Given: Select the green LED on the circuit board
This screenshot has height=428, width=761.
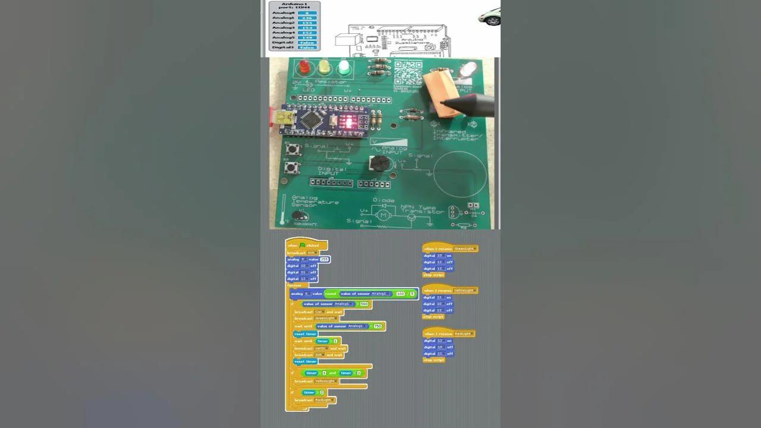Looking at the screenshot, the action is pyautogui.click(x=344, y=67).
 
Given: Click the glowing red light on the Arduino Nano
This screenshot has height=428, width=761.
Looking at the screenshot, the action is pyautogui.click(x=349, y=123).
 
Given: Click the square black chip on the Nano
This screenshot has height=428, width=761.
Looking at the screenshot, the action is pyautogui.click(x=310, y=119).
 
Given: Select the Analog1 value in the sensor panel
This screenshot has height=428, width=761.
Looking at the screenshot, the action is pyautogui.click(x=307, y=18).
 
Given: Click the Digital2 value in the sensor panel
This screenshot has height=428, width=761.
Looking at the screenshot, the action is pyautogui.click(x=307, y=42).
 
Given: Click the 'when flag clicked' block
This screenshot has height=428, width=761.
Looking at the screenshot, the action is pyautogui.click(x=306, y=245).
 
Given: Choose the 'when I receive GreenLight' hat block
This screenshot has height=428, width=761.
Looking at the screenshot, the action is pyautogui.click(x=450, y=248).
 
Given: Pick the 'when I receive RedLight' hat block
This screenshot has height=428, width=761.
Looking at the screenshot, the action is pyautogui.click(x=449, y=333).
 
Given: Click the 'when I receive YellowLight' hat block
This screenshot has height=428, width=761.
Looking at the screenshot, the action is pyautogui.click(x=449, y=290).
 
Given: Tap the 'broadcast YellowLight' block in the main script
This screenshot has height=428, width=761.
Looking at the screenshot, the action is pyautogui.click(x=316, y=381).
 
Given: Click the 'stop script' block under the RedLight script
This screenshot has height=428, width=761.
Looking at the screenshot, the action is pyautogui.click(x=433, y=360).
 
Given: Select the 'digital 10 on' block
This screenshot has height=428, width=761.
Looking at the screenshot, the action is pyautogui.click(x=438, y=256).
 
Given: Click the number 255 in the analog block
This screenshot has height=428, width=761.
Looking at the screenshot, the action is pyautogui.click(x=324, y=259).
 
